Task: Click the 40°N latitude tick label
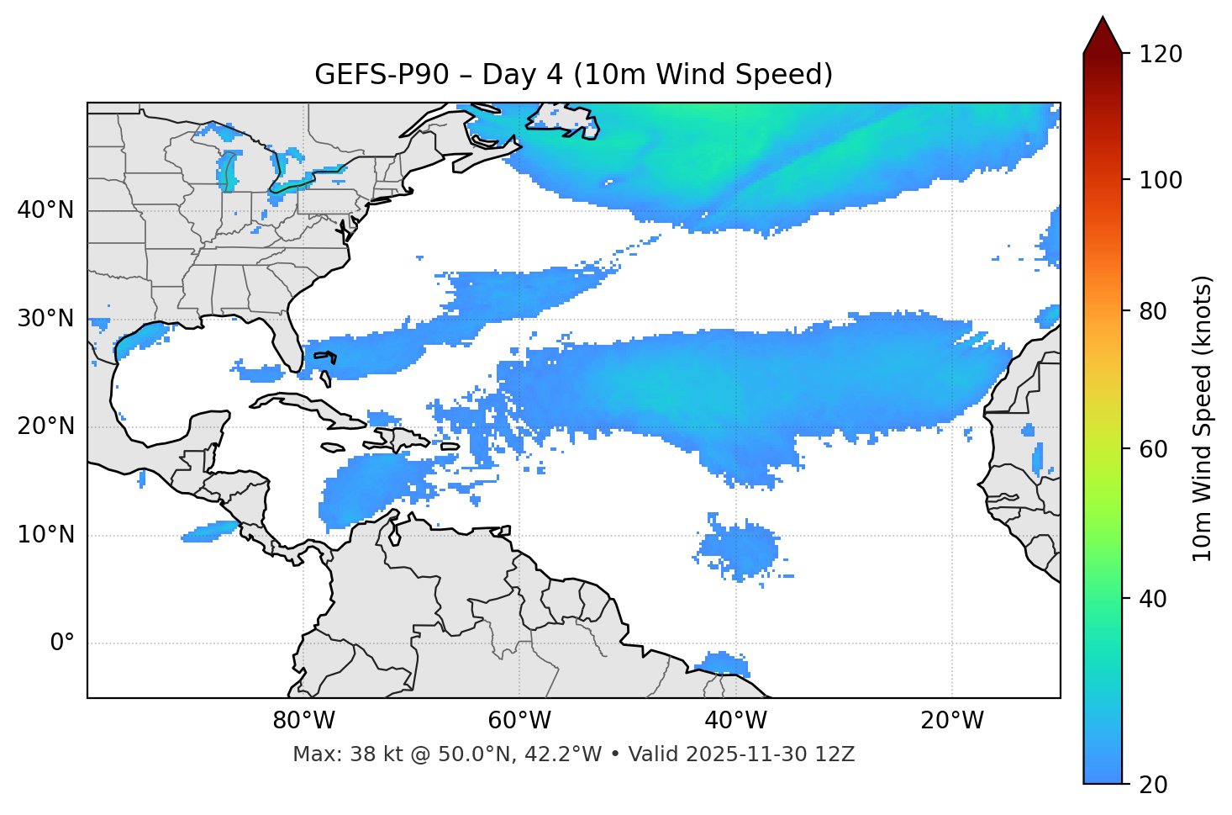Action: coord(45,210)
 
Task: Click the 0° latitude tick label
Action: coord(61,643)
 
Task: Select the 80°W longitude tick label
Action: coord(303,721)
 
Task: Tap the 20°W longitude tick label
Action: coord(952,721)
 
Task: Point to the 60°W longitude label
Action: coord(519,721)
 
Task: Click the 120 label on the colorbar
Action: coord(1161,55)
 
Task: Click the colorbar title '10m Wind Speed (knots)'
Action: coord(1203,418)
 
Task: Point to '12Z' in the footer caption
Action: coord(837,754)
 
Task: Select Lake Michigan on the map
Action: coord(228,172)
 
